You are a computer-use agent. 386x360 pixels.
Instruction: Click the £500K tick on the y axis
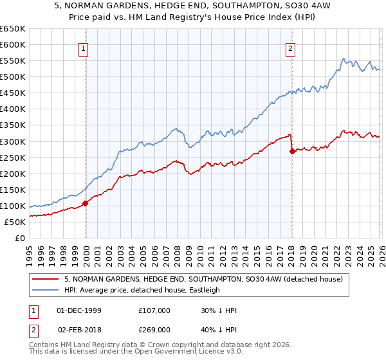[13, 77]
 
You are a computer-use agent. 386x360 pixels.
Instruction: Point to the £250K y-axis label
[13, 157]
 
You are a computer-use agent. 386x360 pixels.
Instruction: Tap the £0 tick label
[19, 239]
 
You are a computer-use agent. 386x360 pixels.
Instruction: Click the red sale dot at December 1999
[86, 203]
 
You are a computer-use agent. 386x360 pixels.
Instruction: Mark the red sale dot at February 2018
[292, 151]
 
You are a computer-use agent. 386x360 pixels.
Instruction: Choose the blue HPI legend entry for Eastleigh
[142, 290]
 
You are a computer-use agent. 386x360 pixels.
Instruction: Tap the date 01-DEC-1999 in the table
[79, 310]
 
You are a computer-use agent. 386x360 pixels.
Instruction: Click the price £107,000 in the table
[154, 310]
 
